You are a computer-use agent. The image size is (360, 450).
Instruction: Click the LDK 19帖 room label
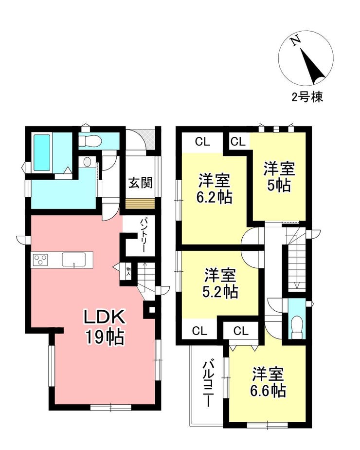[x=104, y=327]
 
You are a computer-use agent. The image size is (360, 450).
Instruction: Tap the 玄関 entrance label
[x=140, y=183]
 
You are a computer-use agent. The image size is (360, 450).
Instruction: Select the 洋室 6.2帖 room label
[x=214, y=188]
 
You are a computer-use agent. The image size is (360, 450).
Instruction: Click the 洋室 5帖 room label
[x=279, y=177]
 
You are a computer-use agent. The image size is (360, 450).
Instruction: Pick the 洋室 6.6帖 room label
[x=268, y=382]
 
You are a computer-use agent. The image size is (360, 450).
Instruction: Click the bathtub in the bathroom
[x=42, y=152]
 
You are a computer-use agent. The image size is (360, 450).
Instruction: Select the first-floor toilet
[x=90, y=141]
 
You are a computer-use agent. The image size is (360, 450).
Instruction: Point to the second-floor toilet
[x=296, y=327]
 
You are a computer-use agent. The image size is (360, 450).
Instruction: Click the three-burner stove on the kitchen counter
[x=40, y=260]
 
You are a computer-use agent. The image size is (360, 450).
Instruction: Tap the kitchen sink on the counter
[x=73, y=260]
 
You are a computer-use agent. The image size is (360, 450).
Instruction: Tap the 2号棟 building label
[x=307, y=97]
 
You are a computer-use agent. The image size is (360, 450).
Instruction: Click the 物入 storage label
[x=128, y=271]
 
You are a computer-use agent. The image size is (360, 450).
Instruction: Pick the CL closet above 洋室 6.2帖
[x=203, y=142]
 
